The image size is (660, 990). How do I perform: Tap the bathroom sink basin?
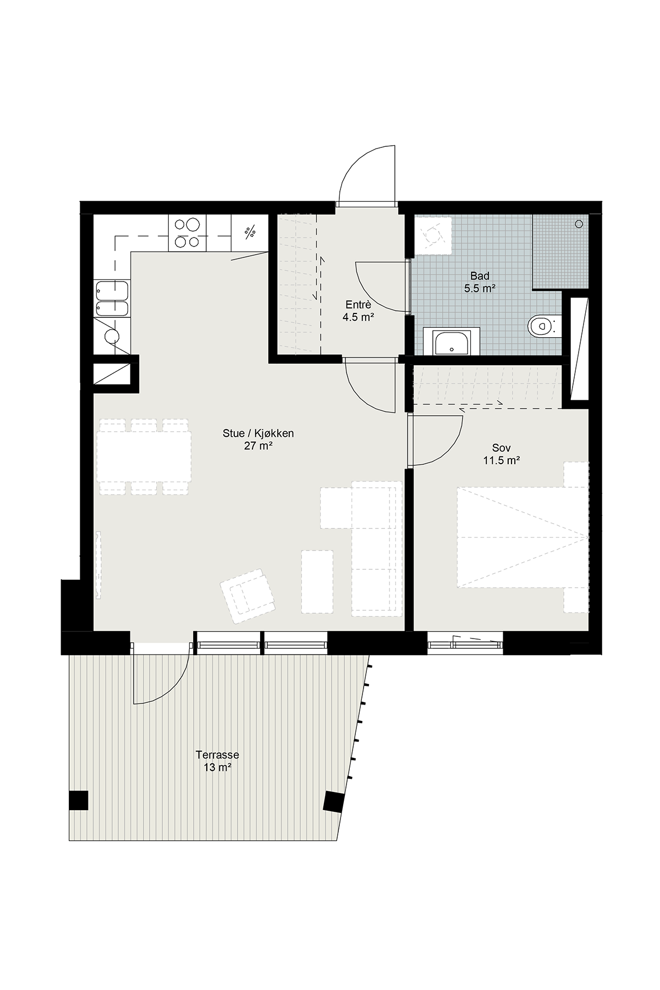[452, 342]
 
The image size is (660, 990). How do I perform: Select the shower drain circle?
[579, 224]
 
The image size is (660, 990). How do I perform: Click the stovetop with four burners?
[188, 233]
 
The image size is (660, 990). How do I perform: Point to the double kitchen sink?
[112, 299]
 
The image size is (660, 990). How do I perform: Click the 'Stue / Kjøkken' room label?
[258, 433]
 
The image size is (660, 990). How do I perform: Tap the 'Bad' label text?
[480, 276]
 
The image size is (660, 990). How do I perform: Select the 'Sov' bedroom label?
[501, 448]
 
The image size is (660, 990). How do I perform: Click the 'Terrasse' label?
[217, 755]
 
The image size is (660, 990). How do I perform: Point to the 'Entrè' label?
[358, 305]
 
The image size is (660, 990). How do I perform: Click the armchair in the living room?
[248, 596]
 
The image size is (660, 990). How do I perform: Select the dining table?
[145, 456]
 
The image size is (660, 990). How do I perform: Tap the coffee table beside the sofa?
[317, 582]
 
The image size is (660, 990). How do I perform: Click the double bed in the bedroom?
[522, 537]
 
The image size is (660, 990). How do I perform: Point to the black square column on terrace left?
[78, 800]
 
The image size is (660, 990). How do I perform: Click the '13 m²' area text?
[217, 767]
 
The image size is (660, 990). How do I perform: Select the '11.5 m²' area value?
[502, 460]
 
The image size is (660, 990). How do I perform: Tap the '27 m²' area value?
[258, 446]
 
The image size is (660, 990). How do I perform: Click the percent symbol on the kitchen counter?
[250, 233]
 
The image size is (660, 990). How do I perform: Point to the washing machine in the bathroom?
[433, 235]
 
